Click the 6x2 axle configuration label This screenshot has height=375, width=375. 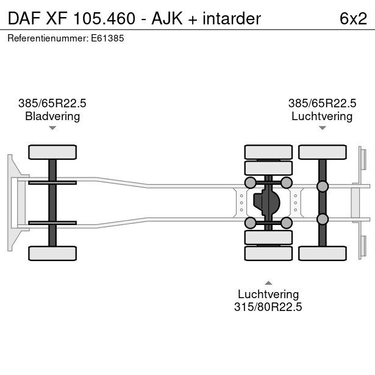pyautogui.click(x=353, y=18)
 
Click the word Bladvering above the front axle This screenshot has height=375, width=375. pyautogui.click(x=52, y=116)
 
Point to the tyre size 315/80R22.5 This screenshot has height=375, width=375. pyautogui.click(x=268, y=307)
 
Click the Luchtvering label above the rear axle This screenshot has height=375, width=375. pyautogui.click(x=322, y=116)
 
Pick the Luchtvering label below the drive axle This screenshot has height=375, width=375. pyautogui.click(x=268, y=295)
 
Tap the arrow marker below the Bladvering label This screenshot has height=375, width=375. pyautogui.click(x=52, y=128)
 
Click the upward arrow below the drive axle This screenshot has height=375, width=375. pyautogui.click(x=268, y=282)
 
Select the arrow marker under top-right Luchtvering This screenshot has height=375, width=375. pyautogui.click(x=322, y=128)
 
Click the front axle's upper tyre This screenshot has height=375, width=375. pyautogui.click(x=52, y=152)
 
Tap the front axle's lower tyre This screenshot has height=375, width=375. pyautogui.click(x=52, y=253)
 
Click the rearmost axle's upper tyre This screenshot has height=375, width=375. pyautogui.click(x=323, y=152)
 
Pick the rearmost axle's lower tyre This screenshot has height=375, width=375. pyautogui.click(x=323, y=253)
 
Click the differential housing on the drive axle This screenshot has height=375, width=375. pyautogui.click(x=268, y=202)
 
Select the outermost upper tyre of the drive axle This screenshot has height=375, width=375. pyautogui.click(x=268, y=152)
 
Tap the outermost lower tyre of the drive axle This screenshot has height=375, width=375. pyautogui.click(x=268, y=253)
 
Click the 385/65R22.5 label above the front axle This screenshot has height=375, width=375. pyautogui.click(x=52, y=104)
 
